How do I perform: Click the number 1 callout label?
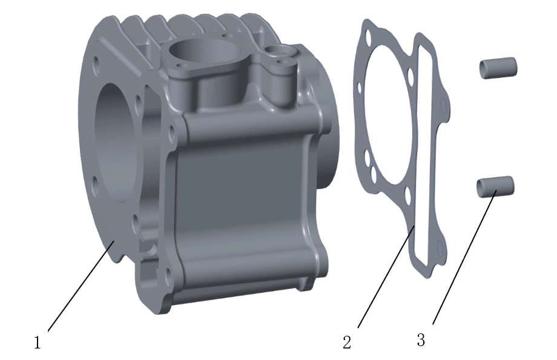pyautogui.click(x=38, y=342)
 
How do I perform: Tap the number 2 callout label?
pyautogui.click(x=347, y=342)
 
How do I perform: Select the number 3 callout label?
pyautogui.click(x=421, y=340)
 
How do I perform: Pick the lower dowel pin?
pyautogui.click(x=495, y=186)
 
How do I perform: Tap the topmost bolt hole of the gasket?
pyautogui.click(x=368, y=36)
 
